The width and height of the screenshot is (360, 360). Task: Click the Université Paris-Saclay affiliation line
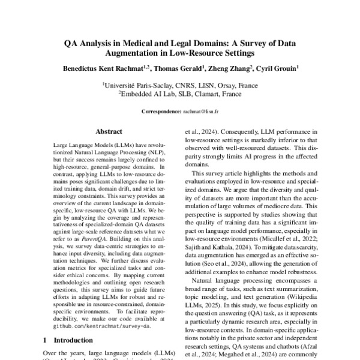180,86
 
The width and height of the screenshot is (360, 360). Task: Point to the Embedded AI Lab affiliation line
180,94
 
